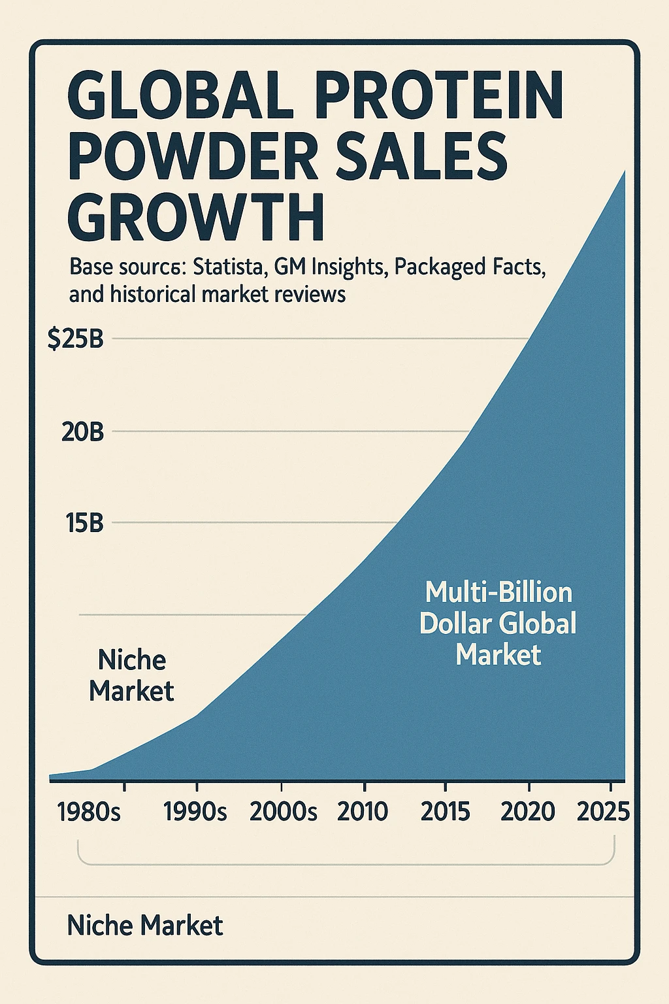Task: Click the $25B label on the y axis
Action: click(x=75, y=339)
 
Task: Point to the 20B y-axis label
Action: click(x=82, y=432)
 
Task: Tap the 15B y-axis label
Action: click(x=84, y=523)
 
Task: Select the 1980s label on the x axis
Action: click(x=89, y=812)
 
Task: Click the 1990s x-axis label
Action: click(x=195, y=812)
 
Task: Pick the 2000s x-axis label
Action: click(x=283, y=812)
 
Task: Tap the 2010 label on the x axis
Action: click(x=363, y=812)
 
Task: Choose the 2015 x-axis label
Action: click(x=445, y=812)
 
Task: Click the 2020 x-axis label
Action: click(x=528, y=812)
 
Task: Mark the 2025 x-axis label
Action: click(x=604, y=812)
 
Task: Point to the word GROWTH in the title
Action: click(x=195, y=218)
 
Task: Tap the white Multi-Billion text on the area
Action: click(x=498, y=592)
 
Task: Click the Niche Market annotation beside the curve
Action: click(x=131, y=675)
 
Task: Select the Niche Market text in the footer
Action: click(x=145, y=926)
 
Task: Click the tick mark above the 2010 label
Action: click(x=364, y=787)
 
